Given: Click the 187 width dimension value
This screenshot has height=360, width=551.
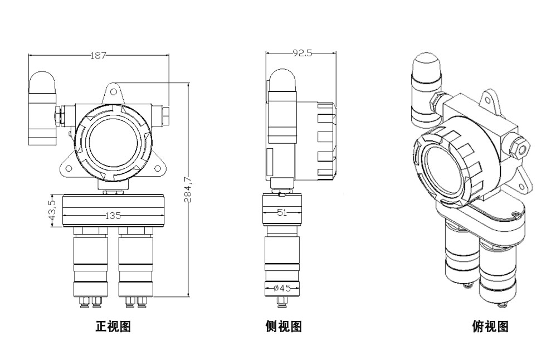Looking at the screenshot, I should pyautogui.click(x=98, y=55).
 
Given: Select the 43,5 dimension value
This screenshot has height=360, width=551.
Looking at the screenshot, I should pyautogui.click(x=52, y=210).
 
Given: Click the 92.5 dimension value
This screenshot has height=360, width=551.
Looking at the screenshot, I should pyautogui.click(x=301, y=53).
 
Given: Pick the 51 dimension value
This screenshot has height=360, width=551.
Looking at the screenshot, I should pyautogui.click(x=282, y=212).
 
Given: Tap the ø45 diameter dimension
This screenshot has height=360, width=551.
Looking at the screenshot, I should pyautogui.click(x=282, y=288).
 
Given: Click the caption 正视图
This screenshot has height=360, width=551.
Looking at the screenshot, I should pyautogui.click(x=113, y=327).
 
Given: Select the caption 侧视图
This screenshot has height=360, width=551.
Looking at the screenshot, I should pyautogui.click(x=284, y=327).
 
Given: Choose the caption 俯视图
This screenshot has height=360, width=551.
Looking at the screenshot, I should pyautogui.click(x=490, y=327).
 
